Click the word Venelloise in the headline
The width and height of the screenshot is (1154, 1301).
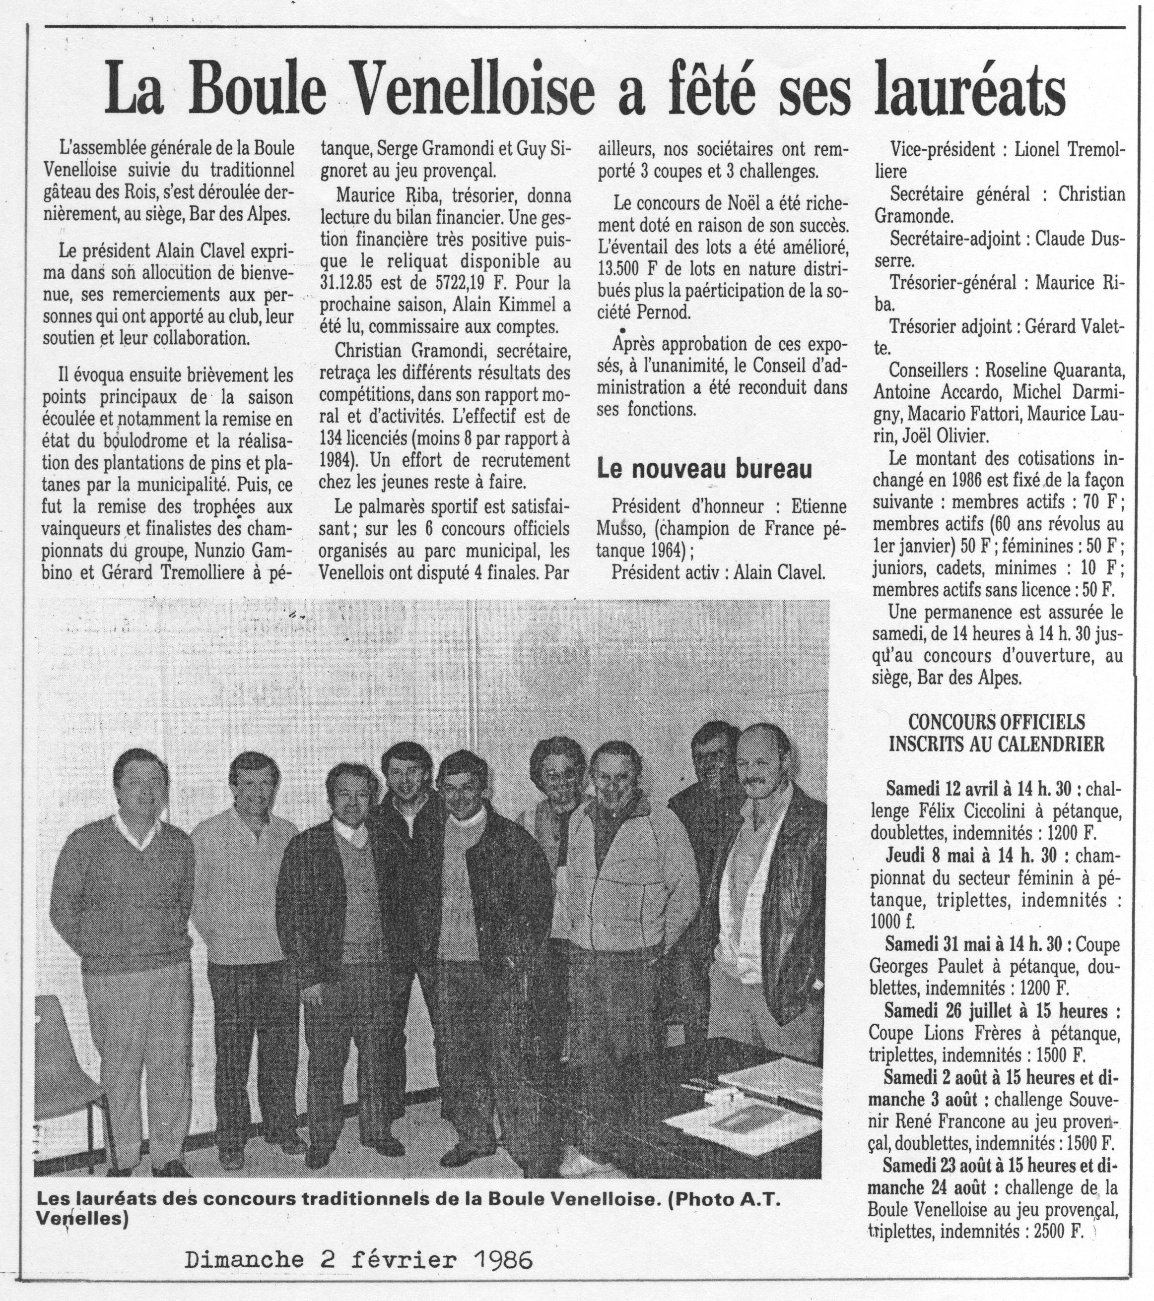pos(475,93)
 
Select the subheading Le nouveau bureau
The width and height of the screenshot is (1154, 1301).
pos(704,470)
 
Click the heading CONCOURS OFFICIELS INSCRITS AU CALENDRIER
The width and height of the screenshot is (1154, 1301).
pos(996,733)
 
